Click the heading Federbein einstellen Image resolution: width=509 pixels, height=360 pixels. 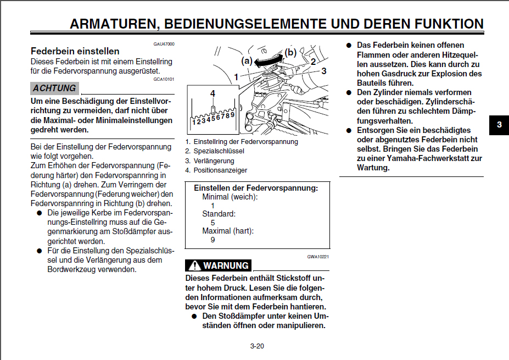click(75, 51)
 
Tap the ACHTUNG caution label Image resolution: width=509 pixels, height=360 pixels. click(54, 88)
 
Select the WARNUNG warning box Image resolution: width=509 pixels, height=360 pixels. click(219, 265)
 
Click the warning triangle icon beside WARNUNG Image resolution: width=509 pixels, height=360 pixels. click(194, 266)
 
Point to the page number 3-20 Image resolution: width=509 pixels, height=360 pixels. click(257, 346)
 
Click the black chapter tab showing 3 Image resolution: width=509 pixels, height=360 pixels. click(499, 125)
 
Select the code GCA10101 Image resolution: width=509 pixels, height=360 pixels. click(164, 79)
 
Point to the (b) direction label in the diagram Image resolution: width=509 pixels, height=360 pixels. click(290, 53)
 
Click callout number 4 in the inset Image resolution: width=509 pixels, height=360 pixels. click(212, 93)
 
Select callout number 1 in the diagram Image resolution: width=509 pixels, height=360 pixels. click(236, 77)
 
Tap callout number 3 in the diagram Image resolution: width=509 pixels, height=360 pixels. click(324, 71)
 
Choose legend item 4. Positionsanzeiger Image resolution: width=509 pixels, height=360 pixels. click(216, 170)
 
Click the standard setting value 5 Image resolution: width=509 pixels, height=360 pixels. click(213, 223)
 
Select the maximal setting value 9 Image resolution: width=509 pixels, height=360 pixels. click(213, 240)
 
